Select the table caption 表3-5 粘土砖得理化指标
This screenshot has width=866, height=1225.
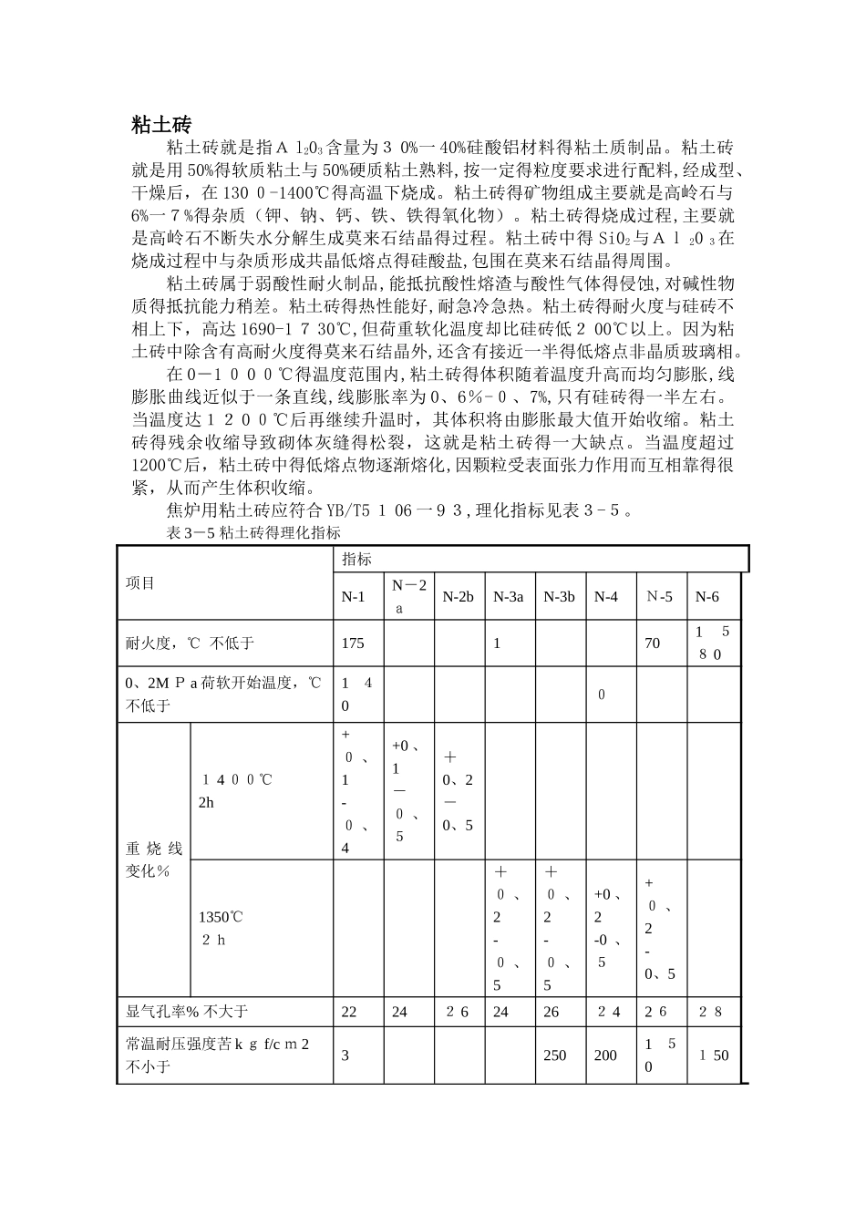click(x=253, y=533)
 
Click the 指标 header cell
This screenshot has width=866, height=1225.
click(x=356, y=559)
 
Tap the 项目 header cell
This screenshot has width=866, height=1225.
click(x=140, y=583)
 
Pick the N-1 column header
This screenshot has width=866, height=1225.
click(x=353, y=596)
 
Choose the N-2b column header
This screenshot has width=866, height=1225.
click(x=458, y=596)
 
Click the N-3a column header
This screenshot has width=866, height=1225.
click(x=508, y=596)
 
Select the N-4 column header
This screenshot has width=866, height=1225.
click(x=605, y=596)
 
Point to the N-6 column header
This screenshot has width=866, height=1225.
click(x=706, y=596)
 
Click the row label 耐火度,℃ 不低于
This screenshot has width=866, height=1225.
click(x=190, y=643)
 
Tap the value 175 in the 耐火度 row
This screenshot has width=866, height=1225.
click(x=353, y=643)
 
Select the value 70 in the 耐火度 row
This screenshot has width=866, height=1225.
click(x=652, y=643)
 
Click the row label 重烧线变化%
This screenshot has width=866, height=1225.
click(x=153, y=859)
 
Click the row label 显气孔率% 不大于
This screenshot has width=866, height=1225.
click(x=186, y=1011)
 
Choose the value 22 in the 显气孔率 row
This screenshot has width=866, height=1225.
click(x=348, y=1011)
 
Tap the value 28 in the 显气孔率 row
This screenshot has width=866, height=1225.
click(x=709, y=1011)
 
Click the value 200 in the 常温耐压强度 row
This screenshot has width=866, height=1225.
click(x=605, y=1055)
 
